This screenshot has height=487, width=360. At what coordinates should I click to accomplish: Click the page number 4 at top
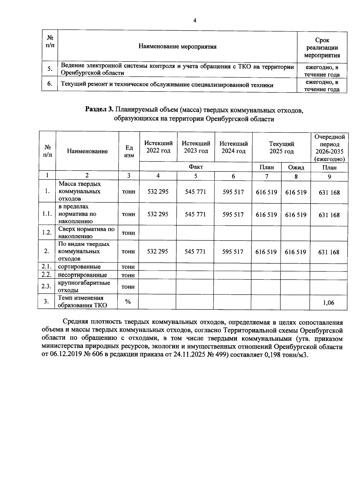pyautogui.click(x=195, y=20)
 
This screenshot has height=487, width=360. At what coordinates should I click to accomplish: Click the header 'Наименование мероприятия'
pyautogui.click(x=177, y=47)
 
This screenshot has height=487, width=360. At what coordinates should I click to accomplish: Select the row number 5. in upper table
pyautogui.click(x=50, y=69)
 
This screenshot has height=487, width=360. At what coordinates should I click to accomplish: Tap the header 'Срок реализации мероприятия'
pyautogui.click(x=322, y=48)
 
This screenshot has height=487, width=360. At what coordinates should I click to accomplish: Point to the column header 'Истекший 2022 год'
pyautogui.click(x=158, y=147)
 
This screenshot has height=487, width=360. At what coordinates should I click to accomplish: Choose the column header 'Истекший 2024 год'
pyautogui.click(x=233, y=147)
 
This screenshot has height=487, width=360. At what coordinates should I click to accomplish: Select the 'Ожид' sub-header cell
pyautogui.click(x=296, y=168)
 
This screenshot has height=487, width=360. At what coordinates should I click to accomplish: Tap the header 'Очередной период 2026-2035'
pyautogui.click(x=329, y=148)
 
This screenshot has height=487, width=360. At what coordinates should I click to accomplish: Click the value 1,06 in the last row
pyautogui.click(x=328, y=302)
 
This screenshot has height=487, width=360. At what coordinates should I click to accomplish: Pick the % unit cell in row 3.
pyautogui.click(x=128, y=302)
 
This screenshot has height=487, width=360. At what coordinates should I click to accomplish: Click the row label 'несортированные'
pyautogui.click(x=82, y=275)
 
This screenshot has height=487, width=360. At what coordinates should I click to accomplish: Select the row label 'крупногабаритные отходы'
pyautogui.click(x=84, y=286)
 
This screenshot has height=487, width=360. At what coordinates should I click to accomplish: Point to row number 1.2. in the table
pyautogui.click(x=47, y=233)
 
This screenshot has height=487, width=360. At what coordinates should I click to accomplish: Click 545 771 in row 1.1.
pyautogui.click(x=195, y=214)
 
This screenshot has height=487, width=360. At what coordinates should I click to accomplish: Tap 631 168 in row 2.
pyautogui.click(x=329, y=252)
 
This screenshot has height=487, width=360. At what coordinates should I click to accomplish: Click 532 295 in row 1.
pyautogui.click(x=158, y=192)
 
